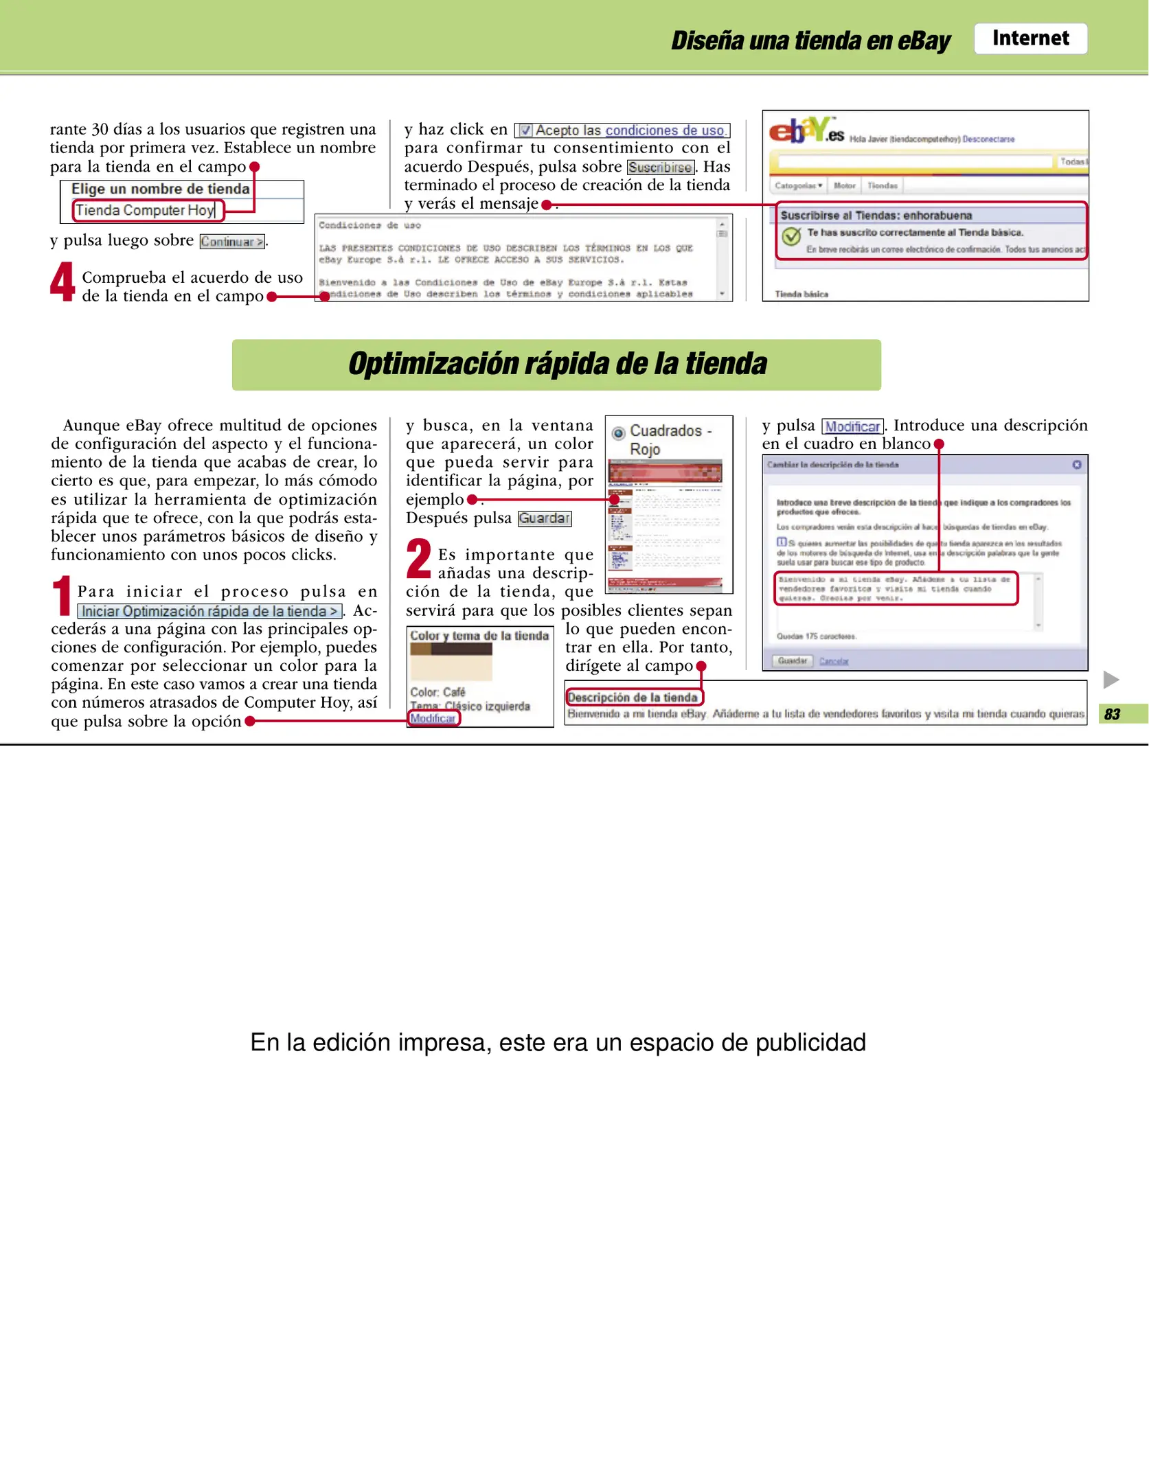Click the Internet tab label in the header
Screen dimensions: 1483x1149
[1029, 38]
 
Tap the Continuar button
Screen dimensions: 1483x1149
[232, 242]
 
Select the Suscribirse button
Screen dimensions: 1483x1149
[660, 168]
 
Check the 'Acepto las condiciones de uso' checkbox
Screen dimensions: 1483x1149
[525, 130]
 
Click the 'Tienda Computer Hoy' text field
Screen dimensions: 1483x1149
[147, 210]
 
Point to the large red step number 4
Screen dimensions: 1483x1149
[62, 282]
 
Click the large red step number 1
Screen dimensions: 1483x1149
[62, 595]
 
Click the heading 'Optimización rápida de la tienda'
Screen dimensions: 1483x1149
[556, 365]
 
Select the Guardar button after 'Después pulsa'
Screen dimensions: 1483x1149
[544, 518]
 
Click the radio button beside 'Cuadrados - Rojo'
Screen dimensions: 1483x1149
[618, 433]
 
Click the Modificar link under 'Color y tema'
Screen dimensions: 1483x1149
[433, 718]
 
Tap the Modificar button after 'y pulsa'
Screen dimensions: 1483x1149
[852, 426]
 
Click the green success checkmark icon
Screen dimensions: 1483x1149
[791, 236]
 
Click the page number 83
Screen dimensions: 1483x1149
[1112, 714]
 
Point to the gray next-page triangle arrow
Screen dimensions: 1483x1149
[1111, 680]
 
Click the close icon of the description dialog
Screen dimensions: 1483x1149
[1076, 465]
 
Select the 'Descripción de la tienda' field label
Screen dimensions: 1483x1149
[633, 698]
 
